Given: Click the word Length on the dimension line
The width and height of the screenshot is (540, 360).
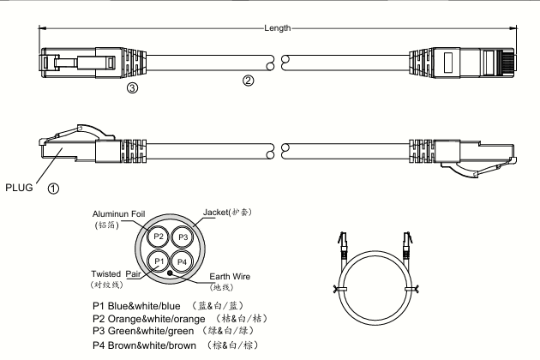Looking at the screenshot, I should (279, 27).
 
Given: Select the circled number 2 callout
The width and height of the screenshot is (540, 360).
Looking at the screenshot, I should (249, 81).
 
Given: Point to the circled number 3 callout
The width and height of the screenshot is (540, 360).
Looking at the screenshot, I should (133, 87).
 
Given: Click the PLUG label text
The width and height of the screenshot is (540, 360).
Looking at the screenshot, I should (20, 183).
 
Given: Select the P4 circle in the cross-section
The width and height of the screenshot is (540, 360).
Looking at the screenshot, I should (182, 261).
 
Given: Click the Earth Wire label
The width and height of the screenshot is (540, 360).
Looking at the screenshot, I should (231, 276).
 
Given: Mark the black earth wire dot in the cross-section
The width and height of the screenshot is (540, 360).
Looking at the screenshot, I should (171, 273).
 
